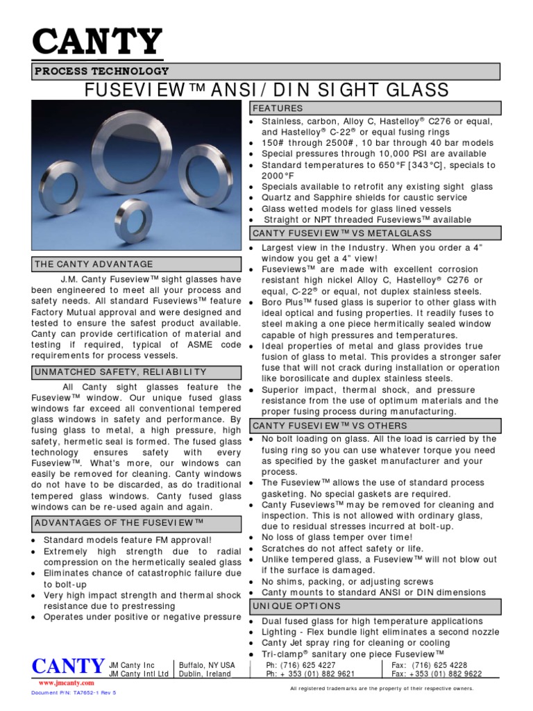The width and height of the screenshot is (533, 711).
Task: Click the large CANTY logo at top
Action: (x=97, y=43)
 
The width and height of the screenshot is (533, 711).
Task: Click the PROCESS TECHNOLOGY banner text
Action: (x=102, y=72)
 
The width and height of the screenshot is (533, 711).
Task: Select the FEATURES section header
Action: (x=278, y=109)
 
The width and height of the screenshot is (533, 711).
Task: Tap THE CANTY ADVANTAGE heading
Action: (x=94, y=265)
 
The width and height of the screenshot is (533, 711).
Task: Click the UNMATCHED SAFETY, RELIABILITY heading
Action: (x=120, y=373)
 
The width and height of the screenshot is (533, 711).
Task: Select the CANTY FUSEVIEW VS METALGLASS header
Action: (x=342, y=234)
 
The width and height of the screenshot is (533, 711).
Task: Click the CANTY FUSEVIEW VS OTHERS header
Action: (x=330, y=425)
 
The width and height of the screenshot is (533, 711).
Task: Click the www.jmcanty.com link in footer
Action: (x=58, y=683)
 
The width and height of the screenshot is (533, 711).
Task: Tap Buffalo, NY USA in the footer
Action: (x=207, y=664)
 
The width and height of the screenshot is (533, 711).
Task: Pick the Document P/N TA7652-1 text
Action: (x=74, y=693)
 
